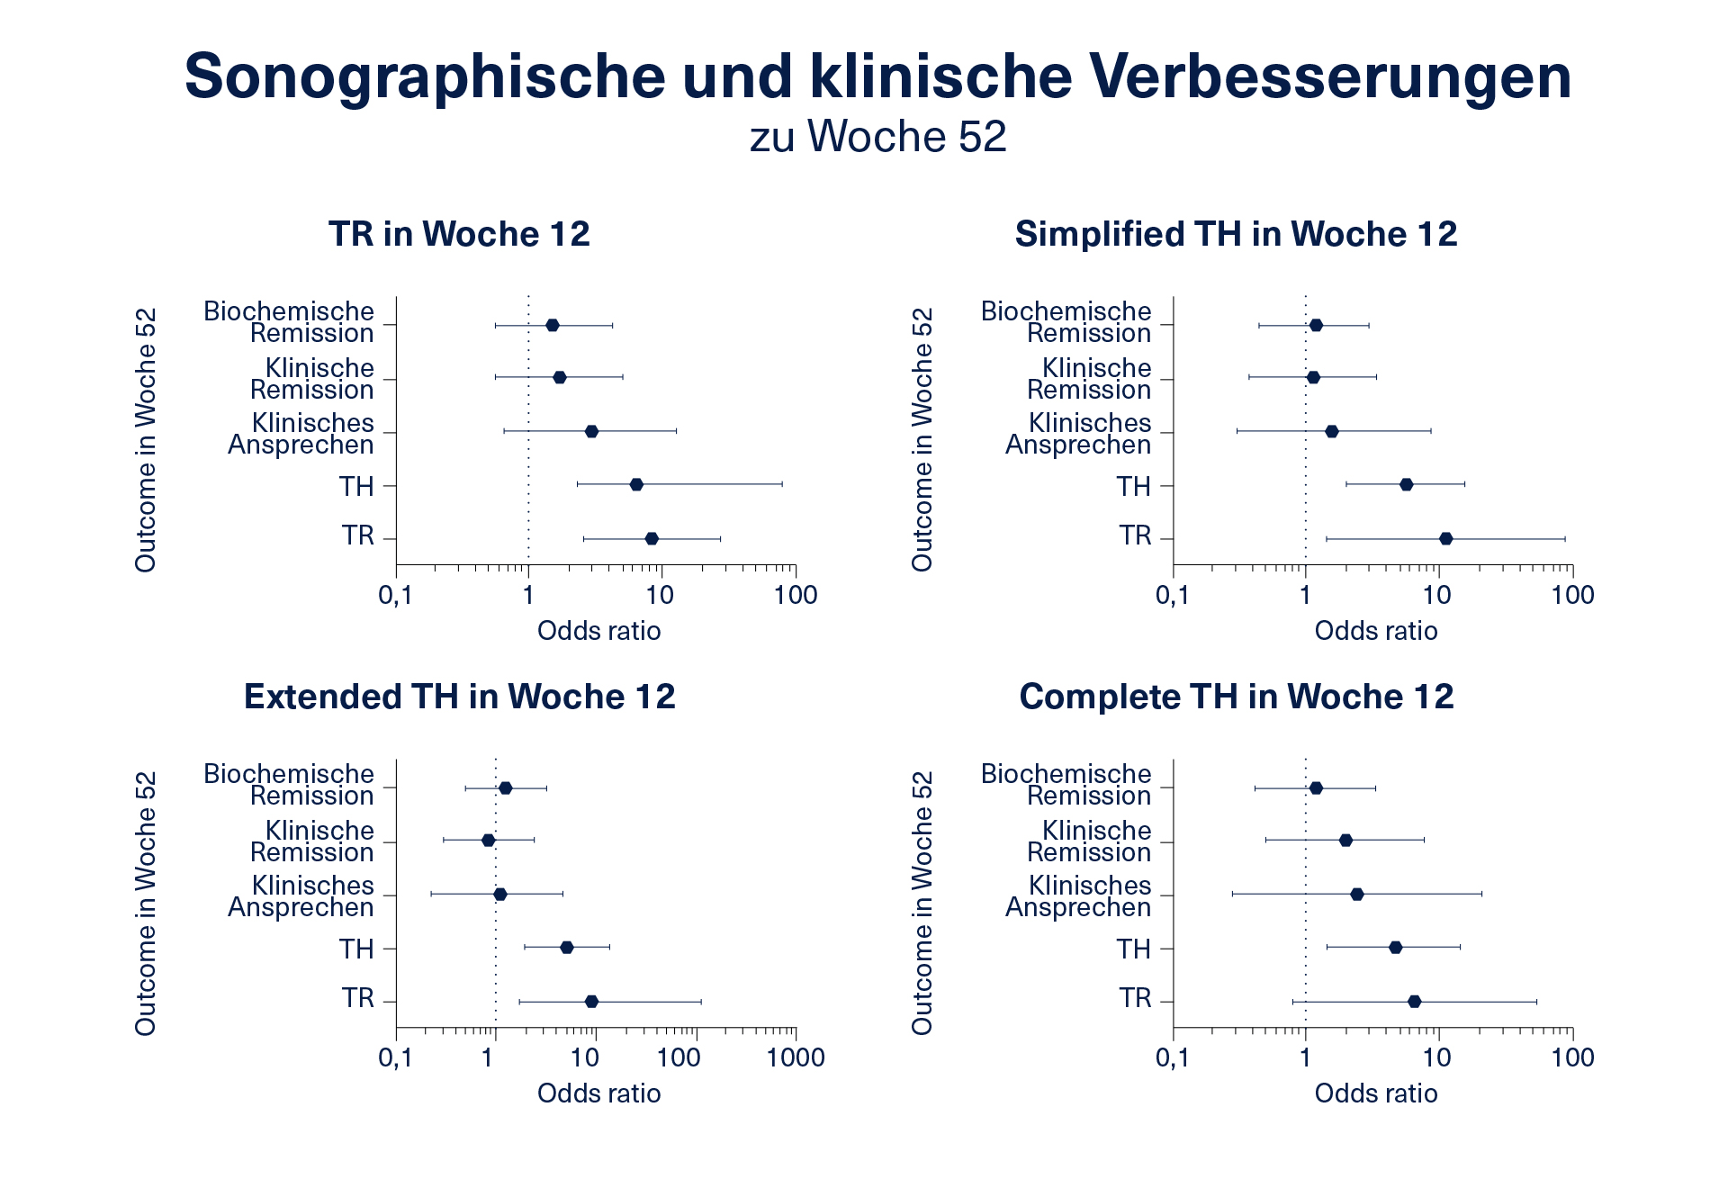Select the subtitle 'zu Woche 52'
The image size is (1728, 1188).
877,137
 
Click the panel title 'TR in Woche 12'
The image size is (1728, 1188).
459,234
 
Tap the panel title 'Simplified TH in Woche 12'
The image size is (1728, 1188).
1236,234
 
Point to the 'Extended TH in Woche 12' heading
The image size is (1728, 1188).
459,697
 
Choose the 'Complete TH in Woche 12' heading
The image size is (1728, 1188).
1236,697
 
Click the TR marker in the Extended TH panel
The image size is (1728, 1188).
591,1002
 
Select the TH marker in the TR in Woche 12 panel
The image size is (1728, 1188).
636,484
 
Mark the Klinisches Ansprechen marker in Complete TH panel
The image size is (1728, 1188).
1357,894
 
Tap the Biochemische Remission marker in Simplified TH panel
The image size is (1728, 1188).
1316,325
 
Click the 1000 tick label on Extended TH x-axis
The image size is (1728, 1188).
795,1057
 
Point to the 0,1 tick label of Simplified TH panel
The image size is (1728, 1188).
1172,595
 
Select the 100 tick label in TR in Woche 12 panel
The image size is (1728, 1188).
795,595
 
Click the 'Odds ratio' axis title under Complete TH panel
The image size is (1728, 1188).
1375,1093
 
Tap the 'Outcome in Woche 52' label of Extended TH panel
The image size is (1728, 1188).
146,903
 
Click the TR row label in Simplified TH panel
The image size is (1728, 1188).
1135,536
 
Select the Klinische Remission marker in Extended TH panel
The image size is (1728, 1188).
488,840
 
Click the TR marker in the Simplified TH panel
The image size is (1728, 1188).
1445,539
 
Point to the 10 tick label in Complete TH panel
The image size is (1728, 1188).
1437,1057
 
